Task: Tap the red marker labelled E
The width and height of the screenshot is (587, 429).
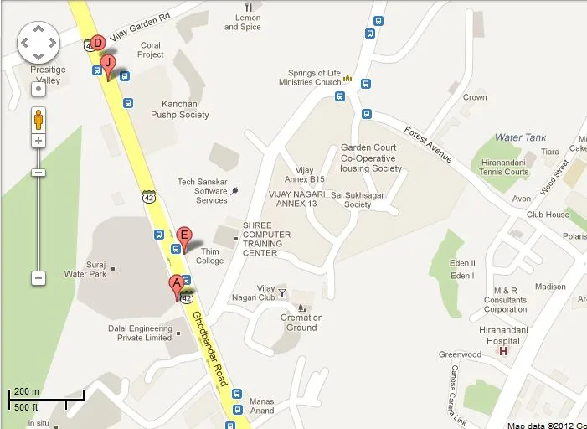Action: pyautogui.click(x=184, y=236)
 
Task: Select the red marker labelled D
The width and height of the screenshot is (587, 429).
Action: pyautogui.click(x=97, y=43)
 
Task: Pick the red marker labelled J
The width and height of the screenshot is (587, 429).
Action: pyautogui.click(x=107, y=63)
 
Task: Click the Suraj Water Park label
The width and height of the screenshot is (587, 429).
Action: pyautogui.click(x=85, y=269)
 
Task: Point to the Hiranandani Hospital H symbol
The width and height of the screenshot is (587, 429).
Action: pyautogui.click(x=503, y=350)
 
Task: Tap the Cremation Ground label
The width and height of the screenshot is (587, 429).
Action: pyautogui.click(x=301, y=323)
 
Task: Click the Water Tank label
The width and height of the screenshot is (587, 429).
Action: pyautogui.click(x=520, y=137)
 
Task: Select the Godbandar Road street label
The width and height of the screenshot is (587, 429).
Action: pyautogui.click(x=210, y=349)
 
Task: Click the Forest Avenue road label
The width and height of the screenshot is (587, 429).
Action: pyautogui.click(x=428, y=145)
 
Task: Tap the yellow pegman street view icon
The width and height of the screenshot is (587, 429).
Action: pyautogui.click(x=39, y=119)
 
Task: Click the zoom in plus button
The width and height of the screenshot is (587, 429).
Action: pyautogui.click(x=39, y=141)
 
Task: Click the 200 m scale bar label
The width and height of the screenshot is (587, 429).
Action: pyautogui.click(x=27, y=392)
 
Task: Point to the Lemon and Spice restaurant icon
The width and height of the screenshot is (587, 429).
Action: pyautogui.click(x=249, y=7)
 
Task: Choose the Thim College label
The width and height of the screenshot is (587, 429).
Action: pyautogui.click(x=210, y=256)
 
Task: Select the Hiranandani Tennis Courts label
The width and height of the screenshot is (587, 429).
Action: pyautogui.click(x=504, y=167)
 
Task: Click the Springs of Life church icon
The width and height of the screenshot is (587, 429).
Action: pyautogui.click(x=348, y=81)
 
